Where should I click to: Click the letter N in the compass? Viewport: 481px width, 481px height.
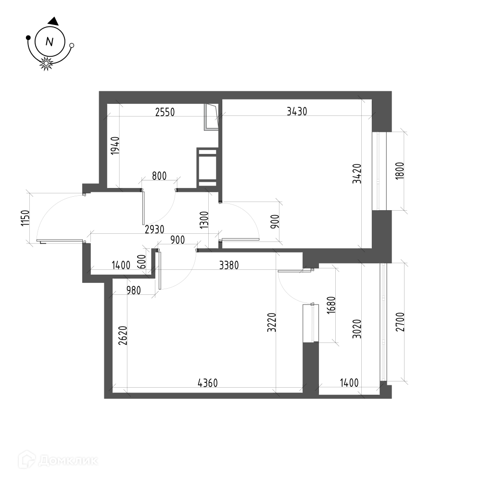tap(50, 41)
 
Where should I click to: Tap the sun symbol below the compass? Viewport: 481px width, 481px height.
tap(46, 63)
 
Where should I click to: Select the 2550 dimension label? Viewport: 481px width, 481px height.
tap(165, 112)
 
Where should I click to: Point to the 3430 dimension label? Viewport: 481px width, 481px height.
tap(297, 112)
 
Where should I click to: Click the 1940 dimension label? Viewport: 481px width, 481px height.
tap(115, 145)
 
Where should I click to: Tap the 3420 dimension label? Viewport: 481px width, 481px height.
tap(357, 174)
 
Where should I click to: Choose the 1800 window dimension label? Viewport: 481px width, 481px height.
tap(400, 171)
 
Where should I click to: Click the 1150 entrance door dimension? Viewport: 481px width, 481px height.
tap(25, 218)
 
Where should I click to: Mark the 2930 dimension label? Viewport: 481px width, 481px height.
tap(154, 229)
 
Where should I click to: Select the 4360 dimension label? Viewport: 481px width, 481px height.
tap(208, 383)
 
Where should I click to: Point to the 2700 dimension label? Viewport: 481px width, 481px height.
tap(400, 322)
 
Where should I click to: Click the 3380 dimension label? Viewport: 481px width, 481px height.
tap(229, 265)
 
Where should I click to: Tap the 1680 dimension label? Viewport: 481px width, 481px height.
tap(331, 305)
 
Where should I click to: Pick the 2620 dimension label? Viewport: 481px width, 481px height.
tap(123, 336)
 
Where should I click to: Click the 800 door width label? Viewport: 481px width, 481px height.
tap(159, 176)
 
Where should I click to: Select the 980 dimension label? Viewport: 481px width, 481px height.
tap(133, 290)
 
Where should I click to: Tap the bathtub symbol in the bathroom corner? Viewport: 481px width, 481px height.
tap(211, 117)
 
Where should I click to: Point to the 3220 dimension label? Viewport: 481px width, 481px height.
tap(272, 322)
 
